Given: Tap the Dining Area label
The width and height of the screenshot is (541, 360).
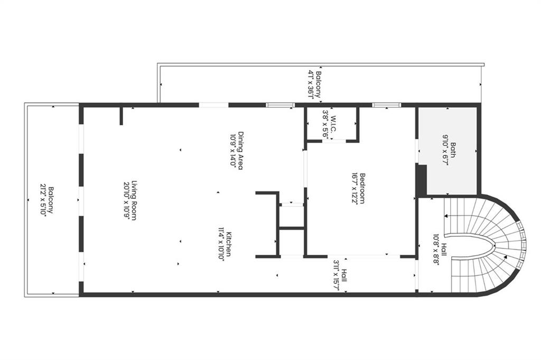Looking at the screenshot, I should [x=240, y=151].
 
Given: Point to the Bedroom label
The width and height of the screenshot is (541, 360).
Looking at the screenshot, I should [x=363, y=188].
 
